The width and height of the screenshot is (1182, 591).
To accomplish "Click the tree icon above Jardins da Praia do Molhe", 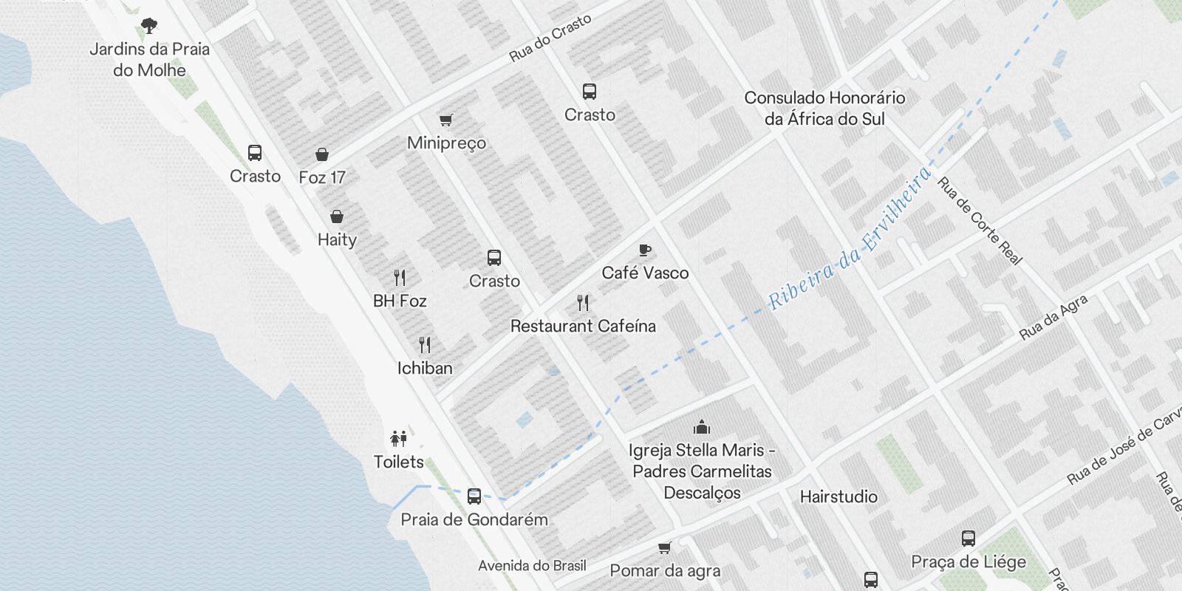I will tap(149, 26).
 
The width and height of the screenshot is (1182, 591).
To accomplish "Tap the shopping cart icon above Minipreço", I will tap(446, 120).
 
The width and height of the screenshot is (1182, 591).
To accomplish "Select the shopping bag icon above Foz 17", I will tap(322, 154).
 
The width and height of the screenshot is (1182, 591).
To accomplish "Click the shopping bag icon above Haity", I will tap(337, 216).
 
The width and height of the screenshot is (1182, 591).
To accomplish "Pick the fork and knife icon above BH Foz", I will tap(400, 278).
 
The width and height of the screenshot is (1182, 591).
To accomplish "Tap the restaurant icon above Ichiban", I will tap(425, 345).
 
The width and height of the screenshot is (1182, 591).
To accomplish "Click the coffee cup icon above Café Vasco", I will tap(645, 250).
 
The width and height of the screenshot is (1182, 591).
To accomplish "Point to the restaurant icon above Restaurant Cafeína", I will tap(583, 303).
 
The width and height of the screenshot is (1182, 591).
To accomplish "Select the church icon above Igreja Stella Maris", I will tap(702, 427).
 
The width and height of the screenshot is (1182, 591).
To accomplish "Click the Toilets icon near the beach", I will tap(399, 439).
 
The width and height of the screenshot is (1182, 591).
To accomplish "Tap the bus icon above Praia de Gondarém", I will tap(474, 496).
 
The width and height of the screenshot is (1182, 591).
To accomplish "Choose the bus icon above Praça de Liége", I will tap(969, 539).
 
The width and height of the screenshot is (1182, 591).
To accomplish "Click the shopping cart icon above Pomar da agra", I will tap(665, 548).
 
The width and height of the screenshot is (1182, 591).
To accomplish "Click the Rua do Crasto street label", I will tap(550, 38).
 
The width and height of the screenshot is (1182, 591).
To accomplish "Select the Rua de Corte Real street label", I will tap(980, 220).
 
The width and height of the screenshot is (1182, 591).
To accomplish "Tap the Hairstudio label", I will tap(838, 496).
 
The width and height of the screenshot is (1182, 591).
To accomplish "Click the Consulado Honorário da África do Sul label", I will tap(824, 108).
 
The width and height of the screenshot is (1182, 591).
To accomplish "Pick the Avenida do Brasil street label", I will tap(532, 566).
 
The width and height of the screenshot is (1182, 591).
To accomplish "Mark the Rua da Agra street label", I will tap(1053, 317).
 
